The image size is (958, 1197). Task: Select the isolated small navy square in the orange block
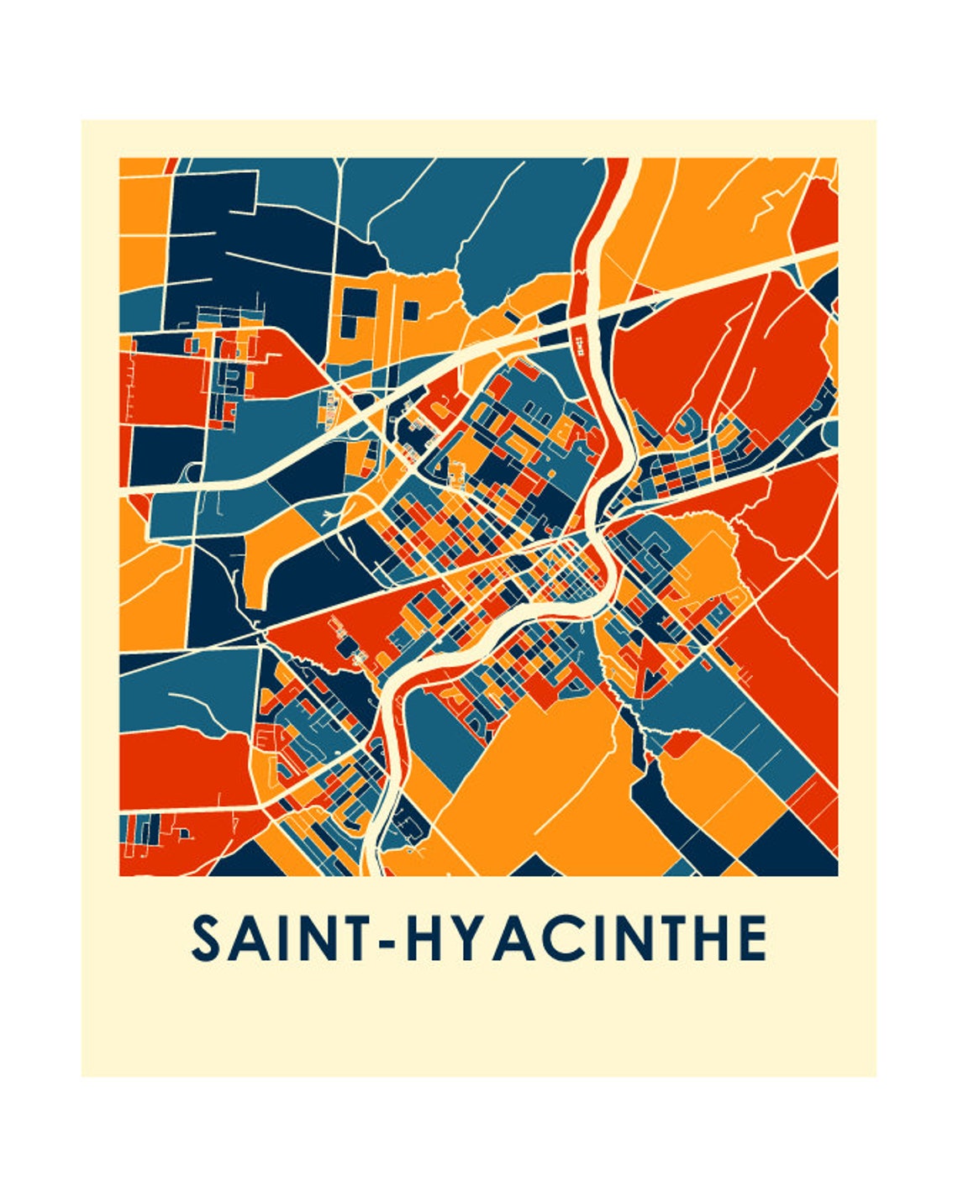point(410,310)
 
